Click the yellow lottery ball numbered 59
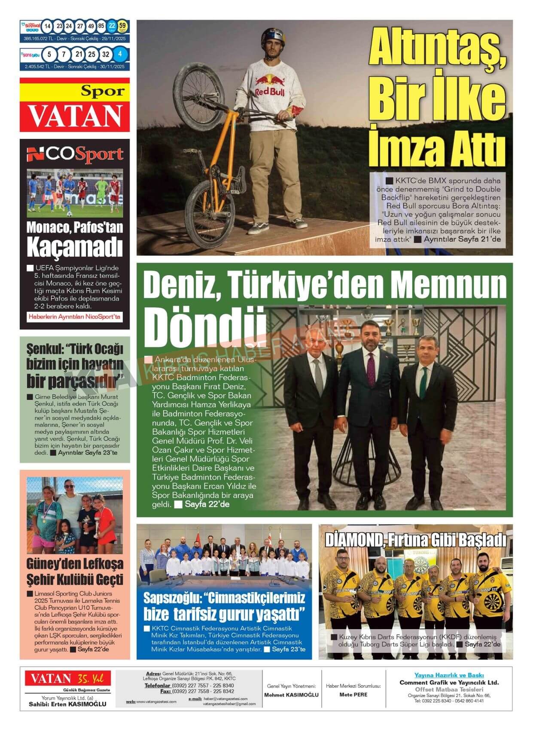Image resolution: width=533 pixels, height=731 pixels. [122, 26]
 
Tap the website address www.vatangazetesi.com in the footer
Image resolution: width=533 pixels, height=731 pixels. [156, 702]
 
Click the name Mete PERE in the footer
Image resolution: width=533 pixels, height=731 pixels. [353, 694]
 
